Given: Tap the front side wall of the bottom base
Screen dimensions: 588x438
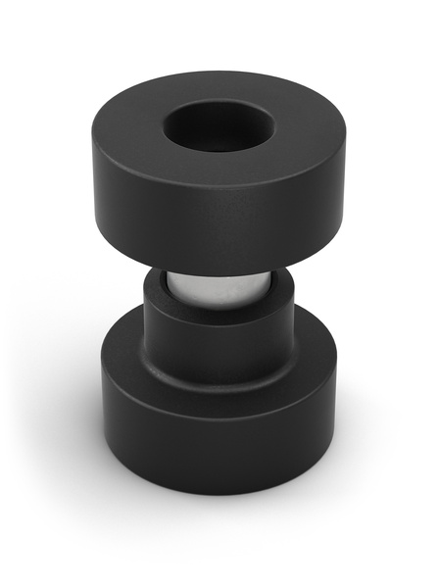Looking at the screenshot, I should click(x=218, y=446).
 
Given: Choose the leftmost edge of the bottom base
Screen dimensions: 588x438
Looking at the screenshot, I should click(x=102, y=412).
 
